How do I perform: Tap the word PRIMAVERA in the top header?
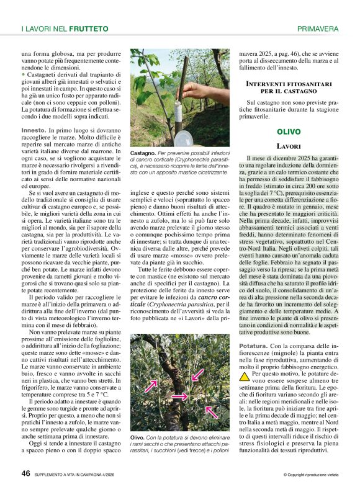[317, 29]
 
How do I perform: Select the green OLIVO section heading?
[289, 132]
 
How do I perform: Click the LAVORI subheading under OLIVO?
[289, 146]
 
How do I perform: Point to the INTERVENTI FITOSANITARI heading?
[289, 83]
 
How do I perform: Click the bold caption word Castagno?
[143, 152]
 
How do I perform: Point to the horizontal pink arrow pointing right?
[179, 395]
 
